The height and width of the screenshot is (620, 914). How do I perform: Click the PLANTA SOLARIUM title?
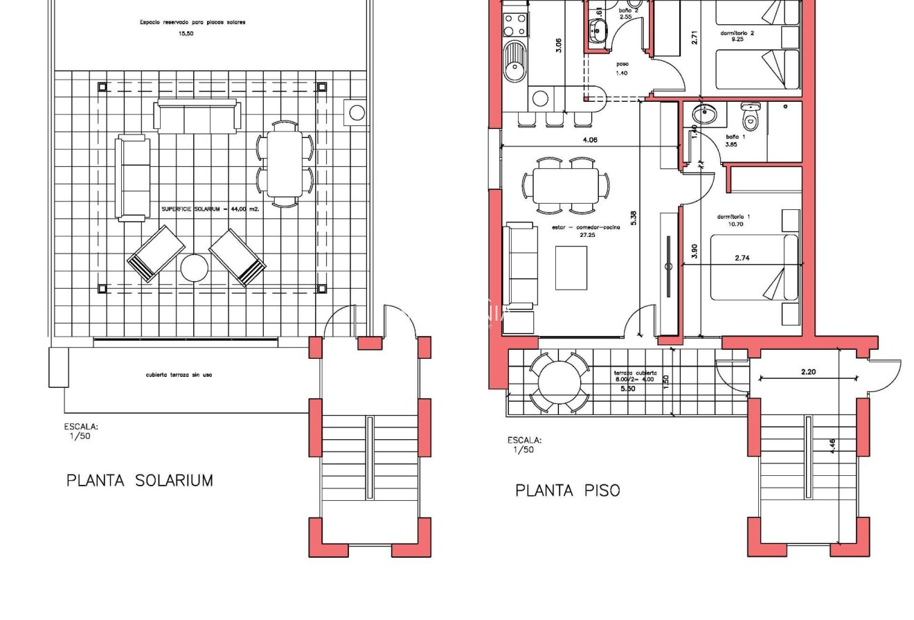point(139,480)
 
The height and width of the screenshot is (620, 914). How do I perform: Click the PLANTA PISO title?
point(567,490)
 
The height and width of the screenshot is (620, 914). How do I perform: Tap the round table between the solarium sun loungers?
point(194,268)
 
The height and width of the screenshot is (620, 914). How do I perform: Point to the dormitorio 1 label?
point(733,220)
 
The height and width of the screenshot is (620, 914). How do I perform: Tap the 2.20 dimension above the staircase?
point(808,372)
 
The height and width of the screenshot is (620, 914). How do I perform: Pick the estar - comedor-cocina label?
point(582,231)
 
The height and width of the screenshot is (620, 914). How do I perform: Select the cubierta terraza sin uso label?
point(179,375)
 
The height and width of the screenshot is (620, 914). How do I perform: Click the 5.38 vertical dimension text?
point(633,218)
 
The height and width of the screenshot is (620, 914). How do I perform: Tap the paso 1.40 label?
point(622,68)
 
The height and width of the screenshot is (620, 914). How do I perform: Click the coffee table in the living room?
point(571,267)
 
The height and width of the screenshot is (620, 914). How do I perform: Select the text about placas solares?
point(192,21)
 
